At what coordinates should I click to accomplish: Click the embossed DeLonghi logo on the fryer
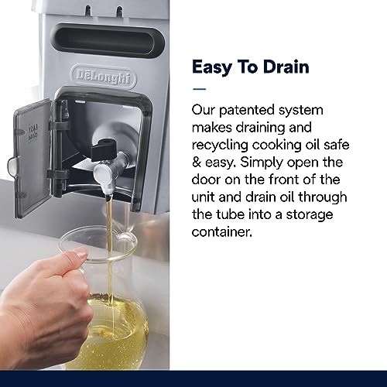pyautogui.click(x=104, y=77)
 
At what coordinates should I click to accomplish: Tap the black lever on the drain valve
pyautogui.click(x=103, y=149)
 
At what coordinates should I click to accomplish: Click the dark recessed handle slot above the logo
pyautogui.click(x=108, y=41)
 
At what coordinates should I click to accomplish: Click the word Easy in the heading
pyautogui.click(x=211, y=67)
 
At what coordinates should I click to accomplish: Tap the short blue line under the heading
pyautogui.click(x=199, y=89)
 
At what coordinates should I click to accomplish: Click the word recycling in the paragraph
pyautogui.click(x=220, y=146)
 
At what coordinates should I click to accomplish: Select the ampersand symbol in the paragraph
pyautogui.click(x=197, y=163)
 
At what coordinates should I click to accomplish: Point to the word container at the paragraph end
pyautogui.click(x=221, y=231)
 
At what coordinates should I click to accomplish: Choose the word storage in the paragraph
pyautogui.click(x=310, y=215)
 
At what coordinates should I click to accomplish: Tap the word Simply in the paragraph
pyautogui.click(x=262, y=163)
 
